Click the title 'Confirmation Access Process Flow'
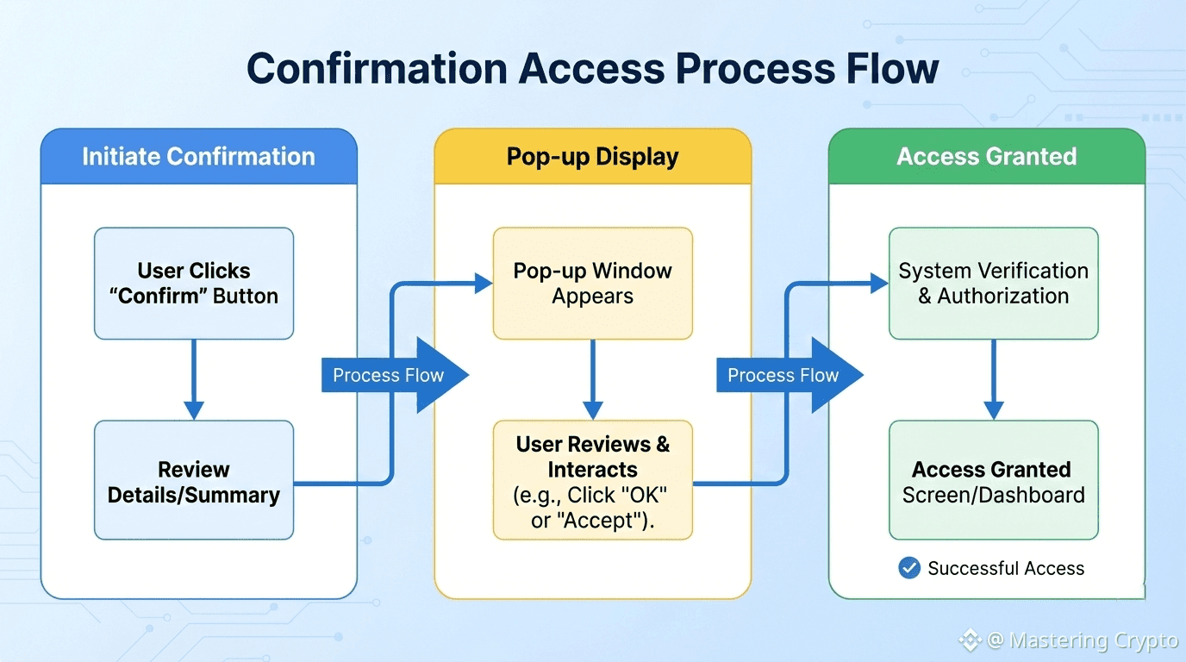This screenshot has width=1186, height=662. click(x=592, y=68)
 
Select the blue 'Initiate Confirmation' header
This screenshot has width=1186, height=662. click(x=198, y=156)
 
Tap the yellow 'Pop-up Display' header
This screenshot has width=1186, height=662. click(x=592, y=157)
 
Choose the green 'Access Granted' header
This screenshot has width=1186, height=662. click(x=986, y=156)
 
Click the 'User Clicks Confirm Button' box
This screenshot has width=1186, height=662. click(x=194, y=283)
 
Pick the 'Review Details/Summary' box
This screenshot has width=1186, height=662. click(x=194, y=481)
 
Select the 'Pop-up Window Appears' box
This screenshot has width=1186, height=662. click(x=592, y=283)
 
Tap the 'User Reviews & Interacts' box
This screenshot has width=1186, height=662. click(x=592, y=481)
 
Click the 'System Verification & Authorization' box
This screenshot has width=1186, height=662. click(x=993, y=283)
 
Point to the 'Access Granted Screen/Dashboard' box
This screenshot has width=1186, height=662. click(x=993, y=481)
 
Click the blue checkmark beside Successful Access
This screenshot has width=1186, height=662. click(x=908, y=568)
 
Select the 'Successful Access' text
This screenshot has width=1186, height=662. click(x=1006, y=569)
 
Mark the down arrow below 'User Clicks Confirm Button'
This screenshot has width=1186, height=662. click(x=194, y=380)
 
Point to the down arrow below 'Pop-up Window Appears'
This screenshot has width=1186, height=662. click(x=592, y=380)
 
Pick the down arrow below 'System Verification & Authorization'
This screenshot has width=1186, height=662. click(x=993, y=380)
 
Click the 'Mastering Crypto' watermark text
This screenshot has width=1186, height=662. click(x=1094, y=641)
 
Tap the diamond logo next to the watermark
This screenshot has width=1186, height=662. click(x=971, y=640)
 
